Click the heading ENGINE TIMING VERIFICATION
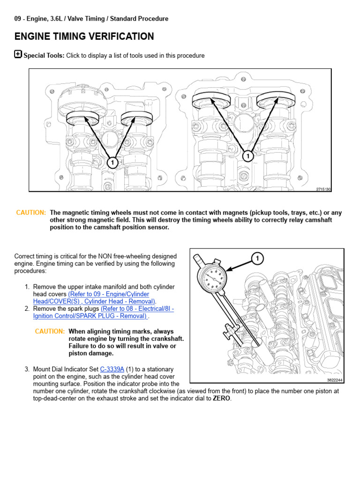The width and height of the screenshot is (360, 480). [84, 37]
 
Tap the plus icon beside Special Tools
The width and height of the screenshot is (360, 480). [18, 54]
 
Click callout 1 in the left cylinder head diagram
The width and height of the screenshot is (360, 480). [112, 163]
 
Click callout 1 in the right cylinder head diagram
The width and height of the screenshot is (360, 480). [248, 155]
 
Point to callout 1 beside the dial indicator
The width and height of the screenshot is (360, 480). [257, 258]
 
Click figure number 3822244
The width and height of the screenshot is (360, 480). [335, 380]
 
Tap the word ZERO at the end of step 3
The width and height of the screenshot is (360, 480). [222, 398]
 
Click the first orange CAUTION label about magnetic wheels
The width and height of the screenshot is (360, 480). [31, 213]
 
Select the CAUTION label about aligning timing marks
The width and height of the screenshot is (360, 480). [50, 331]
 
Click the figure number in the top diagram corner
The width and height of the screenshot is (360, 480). [323, 189]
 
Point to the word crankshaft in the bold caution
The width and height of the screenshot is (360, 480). [166, 339]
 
